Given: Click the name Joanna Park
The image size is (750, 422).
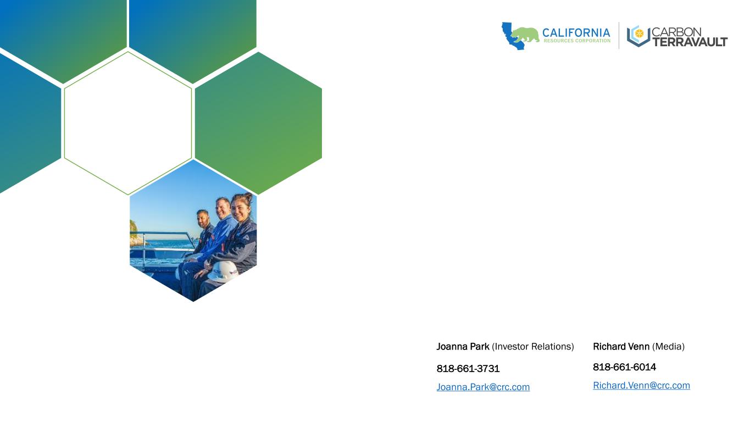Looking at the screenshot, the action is [463, 346].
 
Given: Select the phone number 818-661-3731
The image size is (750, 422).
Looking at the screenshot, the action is [468, 368].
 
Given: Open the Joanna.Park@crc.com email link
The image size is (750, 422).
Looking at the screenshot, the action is [483, 387].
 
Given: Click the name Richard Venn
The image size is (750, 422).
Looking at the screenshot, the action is [621, 346].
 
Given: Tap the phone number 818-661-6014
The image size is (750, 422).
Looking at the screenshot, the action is [624, 367].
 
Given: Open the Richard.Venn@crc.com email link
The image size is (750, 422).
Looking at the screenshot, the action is [641, 385].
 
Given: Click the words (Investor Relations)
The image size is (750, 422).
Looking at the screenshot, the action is [533, 347].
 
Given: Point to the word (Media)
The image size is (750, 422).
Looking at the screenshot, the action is [668, 347].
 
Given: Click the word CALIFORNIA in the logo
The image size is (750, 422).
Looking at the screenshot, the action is [576, 33].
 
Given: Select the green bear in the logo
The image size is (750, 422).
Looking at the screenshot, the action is [525, 35].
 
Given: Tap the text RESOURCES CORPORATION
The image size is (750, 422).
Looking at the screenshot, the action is [577, 41].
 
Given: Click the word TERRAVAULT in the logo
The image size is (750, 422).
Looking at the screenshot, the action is [690, 42].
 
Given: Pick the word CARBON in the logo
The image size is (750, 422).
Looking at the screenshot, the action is [676, 32].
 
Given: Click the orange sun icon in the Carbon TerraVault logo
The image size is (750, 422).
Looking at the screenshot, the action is [639, 33].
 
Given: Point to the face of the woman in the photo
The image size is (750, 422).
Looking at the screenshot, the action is [241, 210].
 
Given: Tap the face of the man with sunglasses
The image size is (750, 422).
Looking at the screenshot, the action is [203, 219].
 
